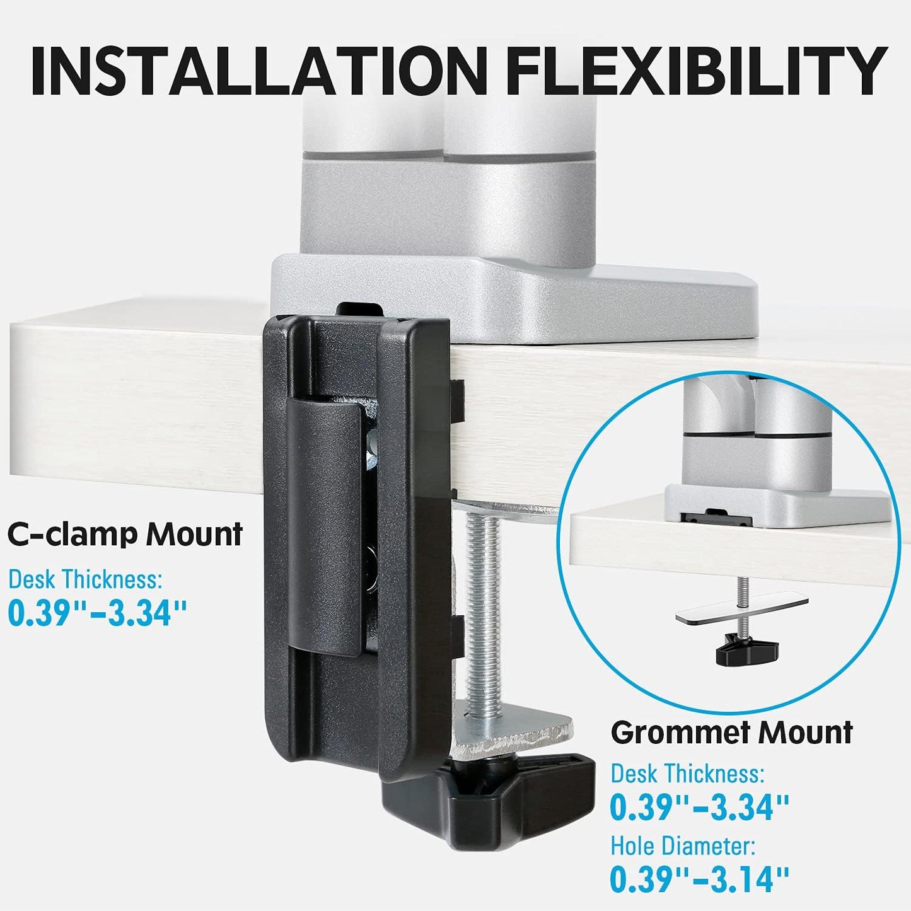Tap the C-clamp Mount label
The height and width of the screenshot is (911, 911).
125,535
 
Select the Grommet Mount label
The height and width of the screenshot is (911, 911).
731,733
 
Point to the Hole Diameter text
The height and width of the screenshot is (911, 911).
683,846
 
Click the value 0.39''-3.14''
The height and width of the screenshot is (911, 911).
700,879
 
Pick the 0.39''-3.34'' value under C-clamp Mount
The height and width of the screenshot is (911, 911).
98,613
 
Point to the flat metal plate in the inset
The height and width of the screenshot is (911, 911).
741,611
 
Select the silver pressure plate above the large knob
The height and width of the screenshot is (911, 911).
514,731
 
